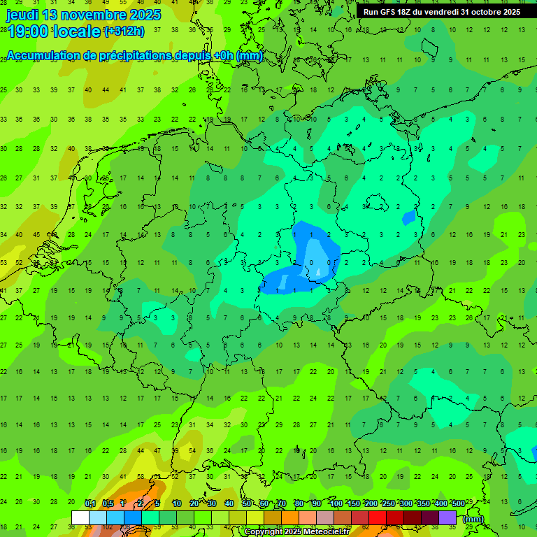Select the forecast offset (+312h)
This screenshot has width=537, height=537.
click(124, 31)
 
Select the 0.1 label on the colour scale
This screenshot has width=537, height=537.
click(89, 504)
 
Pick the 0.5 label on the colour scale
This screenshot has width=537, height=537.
click(108, 504)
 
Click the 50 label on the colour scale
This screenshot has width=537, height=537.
click(247, 504)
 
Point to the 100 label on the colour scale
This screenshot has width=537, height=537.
click(336, 504)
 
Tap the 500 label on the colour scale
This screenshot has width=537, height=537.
click(458, 504)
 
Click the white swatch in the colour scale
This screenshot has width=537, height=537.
click(80, 517)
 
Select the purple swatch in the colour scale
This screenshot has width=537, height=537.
click(447, 517)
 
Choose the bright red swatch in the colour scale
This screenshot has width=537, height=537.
click(378, 517)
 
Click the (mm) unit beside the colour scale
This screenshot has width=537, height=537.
click(473, 519)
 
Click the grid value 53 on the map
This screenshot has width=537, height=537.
click(3, 263)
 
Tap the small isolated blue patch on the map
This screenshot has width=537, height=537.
click(408, 217)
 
